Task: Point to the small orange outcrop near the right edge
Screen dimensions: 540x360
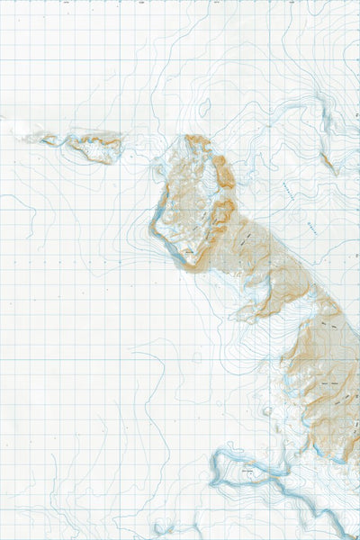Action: click(x=328, y=164)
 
